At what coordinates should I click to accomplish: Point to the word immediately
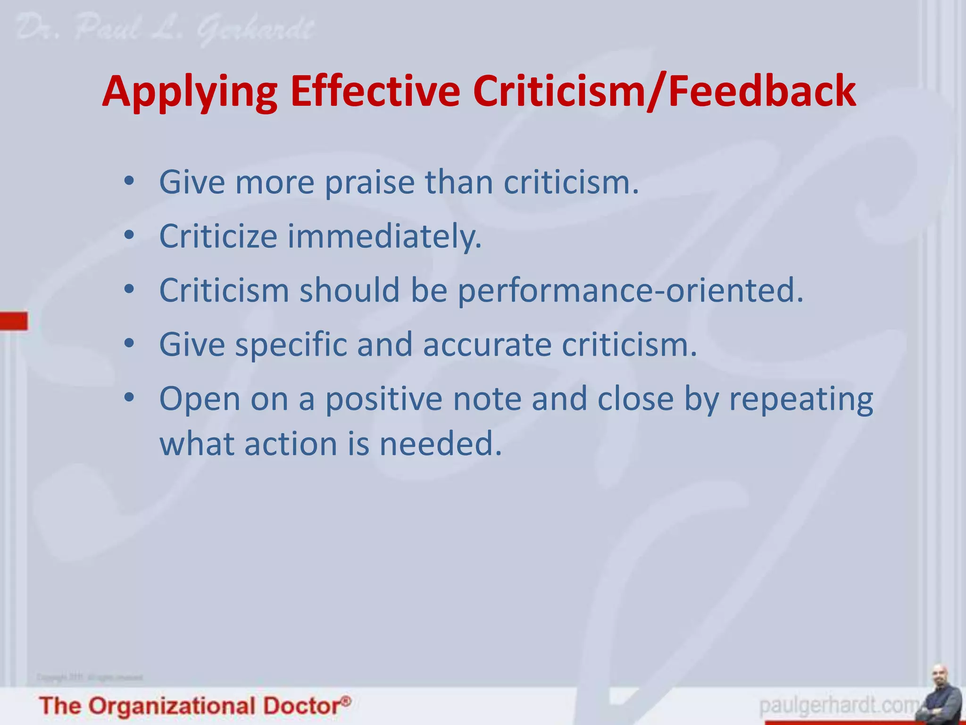click(x=384, y=237)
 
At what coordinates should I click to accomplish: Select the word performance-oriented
click(x=630, y=291)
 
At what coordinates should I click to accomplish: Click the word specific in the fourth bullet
click(x=291, y=345)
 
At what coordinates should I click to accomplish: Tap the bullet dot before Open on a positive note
click(x=129, y=397)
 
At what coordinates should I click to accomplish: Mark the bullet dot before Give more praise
click(x=129, y=181)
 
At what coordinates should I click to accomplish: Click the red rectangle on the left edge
click(x=14, y=320)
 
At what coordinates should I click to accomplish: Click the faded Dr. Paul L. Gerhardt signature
click(x=165, y=29)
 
